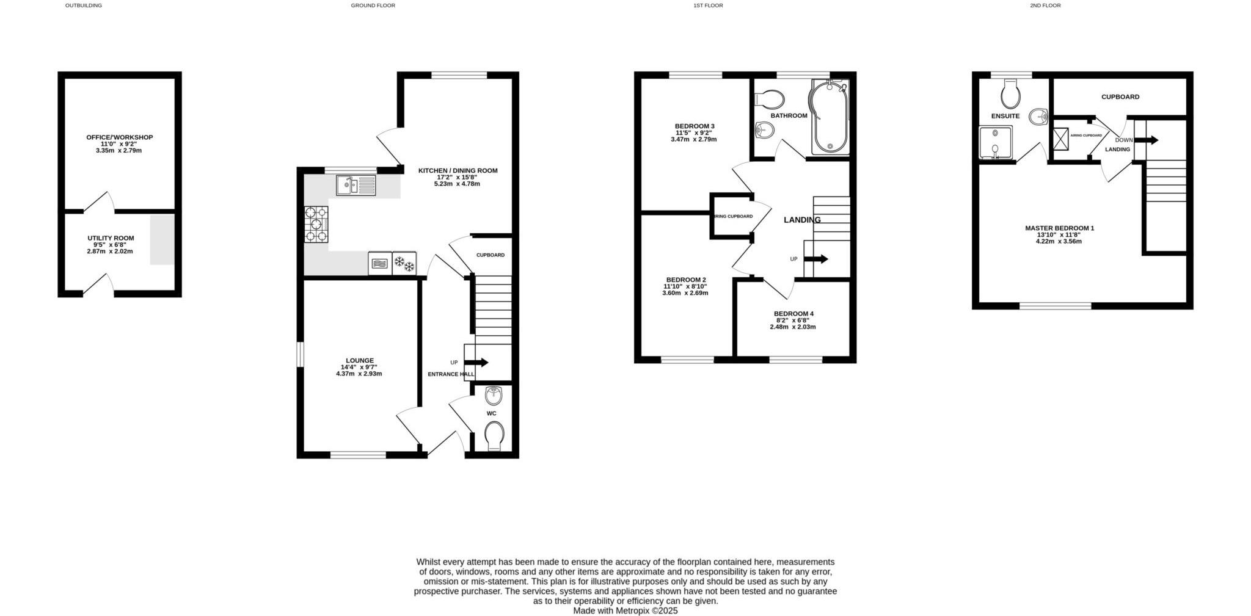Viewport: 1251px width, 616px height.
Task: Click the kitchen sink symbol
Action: pyautogui.click(x=356, y=186)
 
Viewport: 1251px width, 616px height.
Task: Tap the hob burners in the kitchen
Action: pyautogui.click(x=316, y=224)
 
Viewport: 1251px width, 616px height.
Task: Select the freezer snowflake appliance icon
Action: pyautogui.click(x=404, y=264)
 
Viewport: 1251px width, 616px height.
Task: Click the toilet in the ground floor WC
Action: pyautogui.click(x=494, y=437)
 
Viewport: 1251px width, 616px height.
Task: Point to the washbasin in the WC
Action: pyautogui.click(x=494, y=396)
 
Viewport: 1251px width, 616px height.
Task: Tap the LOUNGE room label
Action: pyautogui.click(x=359, y=361)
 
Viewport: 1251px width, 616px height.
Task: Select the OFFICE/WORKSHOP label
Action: pyautogui.click(x=119, y=137)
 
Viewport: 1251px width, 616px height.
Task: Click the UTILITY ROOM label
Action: pyautogui.click(x=111, y=238)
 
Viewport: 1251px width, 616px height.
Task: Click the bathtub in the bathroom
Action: pyautogui.click(x=829, y=117)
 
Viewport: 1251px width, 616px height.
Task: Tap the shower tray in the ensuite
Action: pyautogui.click(x=995, y=142)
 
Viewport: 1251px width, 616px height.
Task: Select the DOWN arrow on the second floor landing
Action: pyautogui.click(x=1146, y=140)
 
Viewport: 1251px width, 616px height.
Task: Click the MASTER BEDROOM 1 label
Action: pyautogui.click(x=1059, y=228)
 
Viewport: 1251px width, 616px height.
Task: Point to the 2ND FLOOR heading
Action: pyautogui.click(x=1045, y=5)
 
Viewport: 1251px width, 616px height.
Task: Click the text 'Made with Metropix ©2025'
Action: pyautogui.click(x=625, y=611)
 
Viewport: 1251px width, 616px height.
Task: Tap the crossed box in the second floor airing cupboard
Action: pyautogui.click(x=1061, y=137)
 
